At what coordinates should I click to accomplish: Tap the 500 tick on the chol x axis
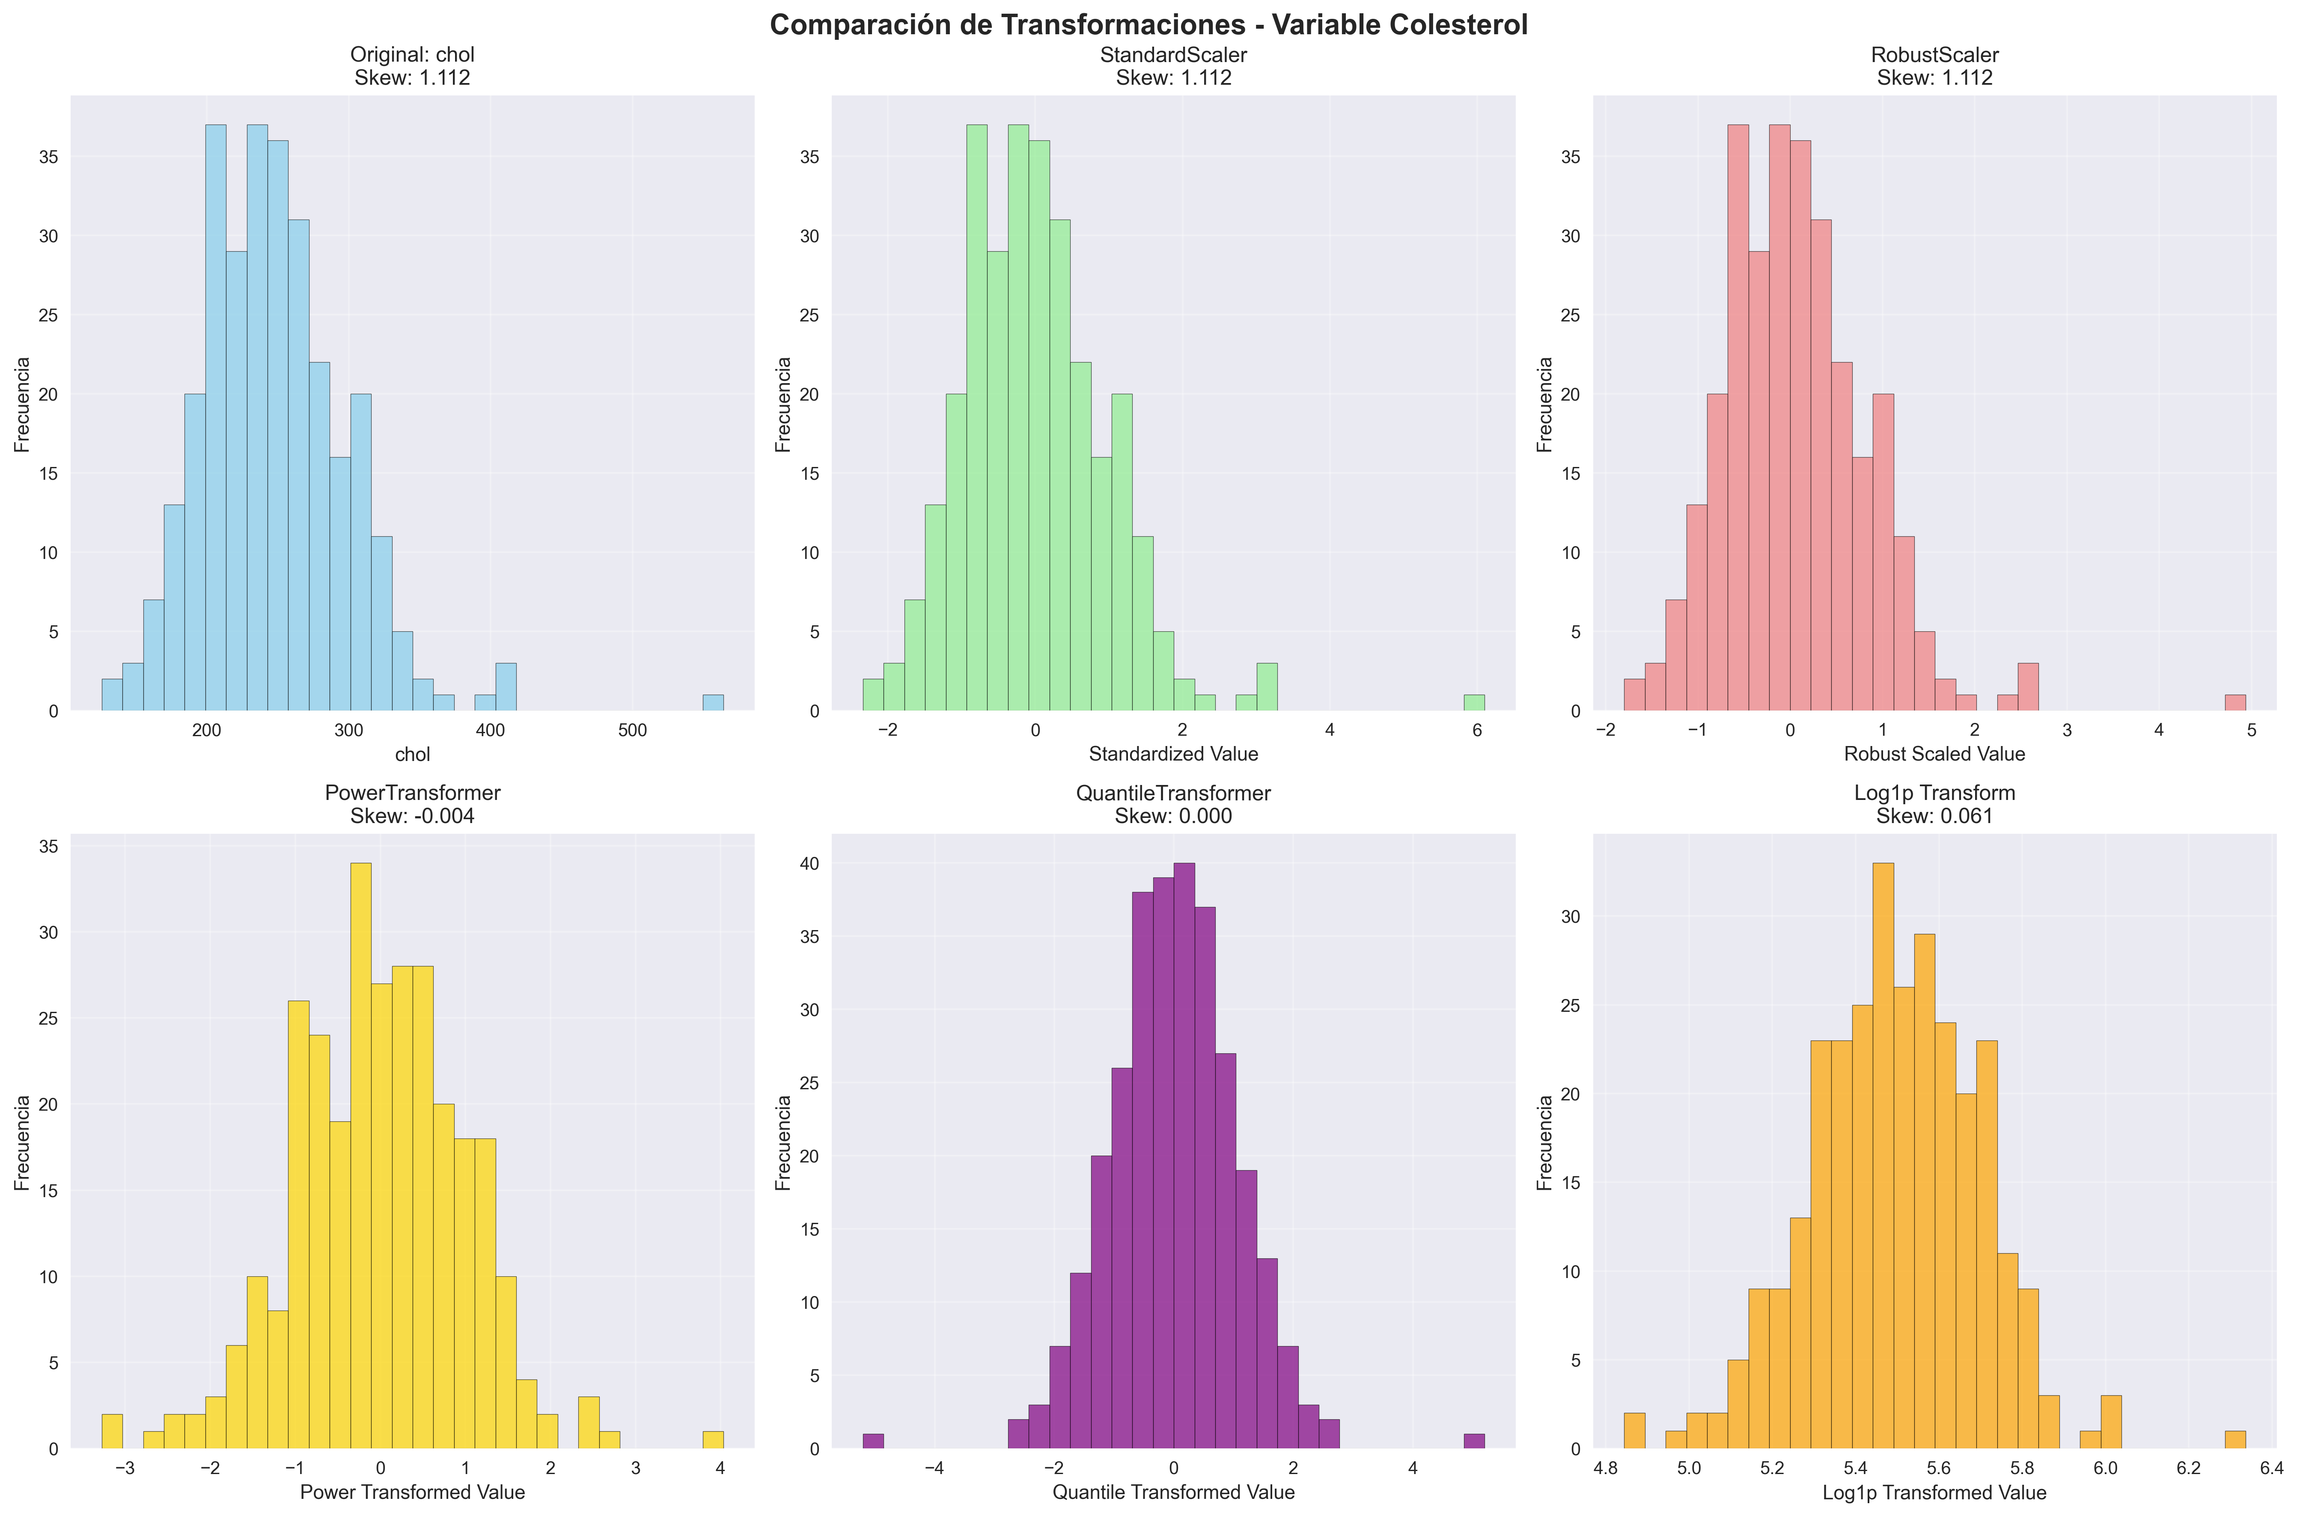[x=632, y=731]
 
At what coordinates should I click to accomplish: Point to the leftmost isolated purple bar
[x=873, y=1441]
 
